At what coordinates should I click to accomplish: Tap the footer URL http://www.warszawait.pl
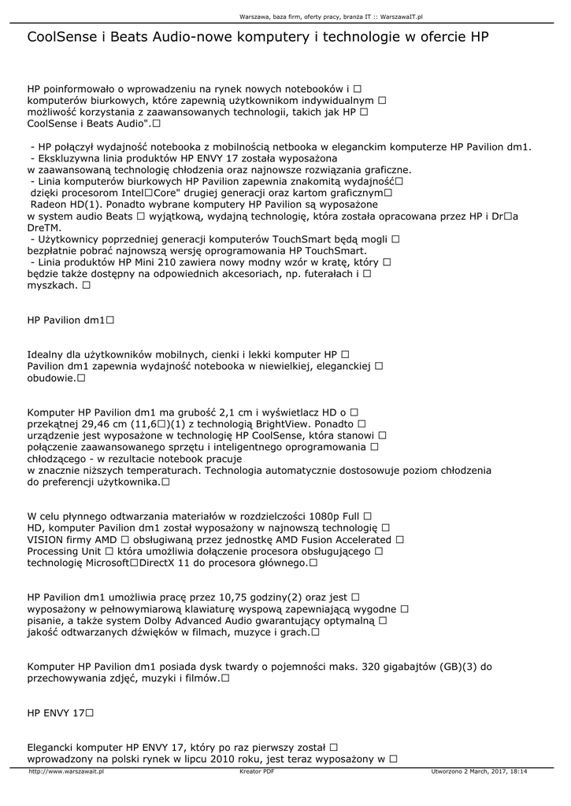[x=66, y=771]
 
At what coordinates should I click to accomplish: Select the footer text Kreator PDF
[x=257, y=771]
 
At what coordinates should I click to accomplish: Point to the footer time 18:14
[x=517, y=771]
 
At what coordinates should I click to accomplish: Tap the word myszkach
[x=52, y=286]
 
